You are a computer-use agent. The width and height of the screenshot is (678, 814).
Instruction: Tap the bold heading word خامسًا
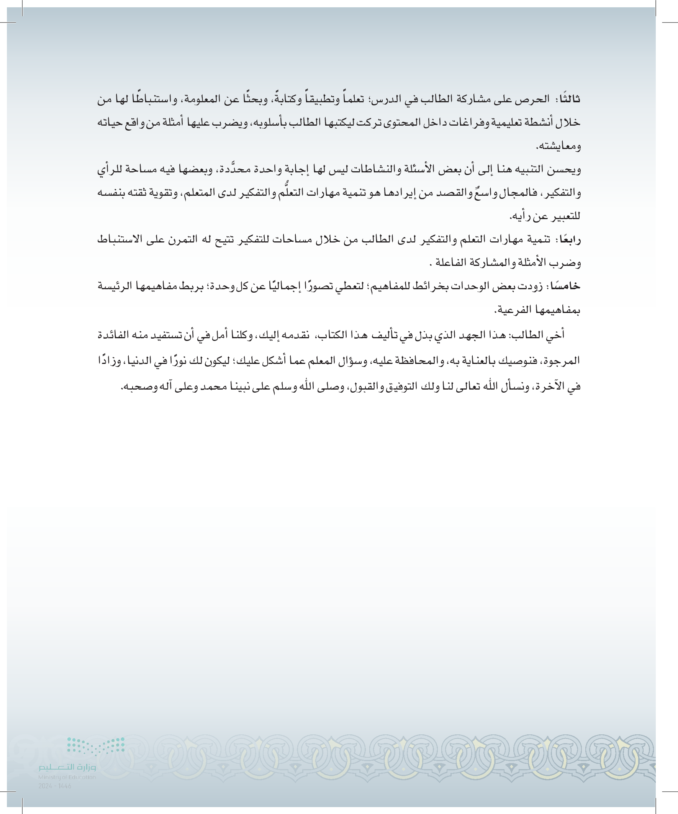pyautogui.click(x=567, y=287)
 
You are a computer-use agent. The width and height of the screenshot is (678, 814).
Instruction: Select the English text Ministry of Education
pyautogui.click(x=67, y=777)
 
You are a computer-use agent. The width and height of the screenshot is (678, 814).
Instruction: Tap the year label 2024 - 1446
pyautogui.click(x=55, y=786)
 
